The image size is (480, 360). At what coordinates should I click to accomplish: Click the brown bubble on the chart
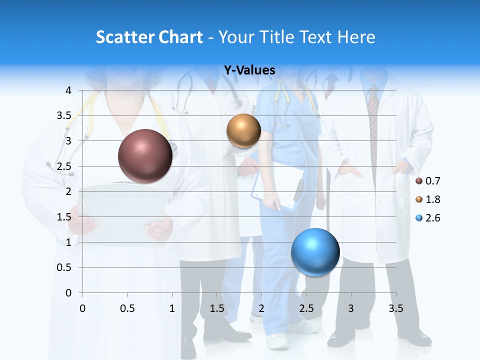[x=145, y=156]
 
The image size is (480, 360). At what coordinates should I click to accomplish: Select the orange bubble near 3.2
[x=243, y=131]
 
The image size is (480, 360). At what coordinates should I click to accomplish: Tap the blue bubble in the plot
[x=315, y=252]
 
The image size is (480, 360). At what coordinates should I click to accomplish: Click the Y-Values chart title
[x=249, y=70]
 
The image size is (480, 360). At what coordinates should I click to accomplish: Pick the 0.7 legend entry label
[x=433, y=181]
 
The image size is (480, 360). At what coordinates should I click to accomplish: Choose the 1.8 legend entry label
[x=433, y=199]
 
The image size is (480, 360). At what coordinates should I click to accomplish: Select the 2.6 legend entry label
[x=433, y=218]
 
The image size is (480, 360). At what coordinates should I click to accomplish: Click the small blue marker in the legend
[x=419, y=218]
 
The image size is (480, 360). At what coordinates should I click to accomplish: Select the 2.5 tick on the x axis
[x=306, y=308]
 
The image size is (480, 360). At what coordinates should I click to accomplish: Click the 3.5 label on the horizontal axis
[x=395, y=308]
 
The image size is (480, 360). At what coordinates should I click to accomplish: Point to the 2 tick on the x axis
[x=261, y=308]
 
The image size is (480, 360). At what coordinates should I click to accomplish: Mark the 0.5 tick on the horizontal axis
[x=127, y=308]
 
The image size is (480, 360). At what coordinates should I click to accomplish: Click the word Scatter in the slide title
[x=123, y=37]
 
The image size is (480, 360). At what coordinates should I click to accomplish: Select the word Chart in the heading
[x=179, y=37]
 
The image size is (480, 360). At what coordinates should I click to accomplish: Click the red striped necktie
[x=373, y=130]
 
